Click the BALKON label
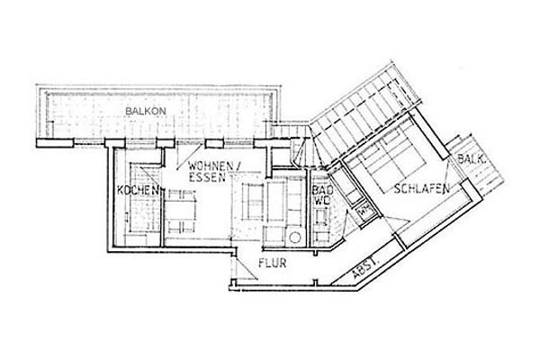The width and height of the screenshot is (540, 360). click(146, 112)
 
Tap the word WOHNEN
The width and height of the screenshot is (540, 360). click(211, 166)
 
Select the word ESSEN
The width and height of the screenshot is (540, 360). click(207, 177)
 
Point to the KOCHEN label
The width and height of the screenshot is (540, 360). click(138, 190)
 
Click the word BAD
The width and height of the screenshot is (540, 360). click(323, 190)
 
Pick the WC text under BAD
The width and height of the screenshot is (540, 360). click(321, 202)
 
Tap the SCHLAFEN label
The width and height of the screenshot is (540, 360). click(422, 188)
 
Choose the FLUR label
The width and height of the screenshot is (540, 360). click(273, 263)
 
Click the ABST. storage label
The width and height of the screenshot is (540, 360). click(365, 269)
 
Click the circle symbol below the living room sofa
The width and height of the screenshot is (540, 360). click(295, 237)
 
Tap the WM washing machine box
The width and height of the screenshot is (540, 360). click(364, 210)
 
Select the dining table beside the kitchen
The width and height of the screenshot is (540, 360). click(180, 210)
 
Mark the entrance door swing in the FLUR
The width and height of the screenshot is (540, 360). click(245, 267)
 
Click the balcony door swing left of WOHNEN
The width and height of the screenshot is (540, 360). click(188, 157)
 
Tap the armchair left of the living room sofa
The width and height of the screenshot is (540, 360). click(252, 202)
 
